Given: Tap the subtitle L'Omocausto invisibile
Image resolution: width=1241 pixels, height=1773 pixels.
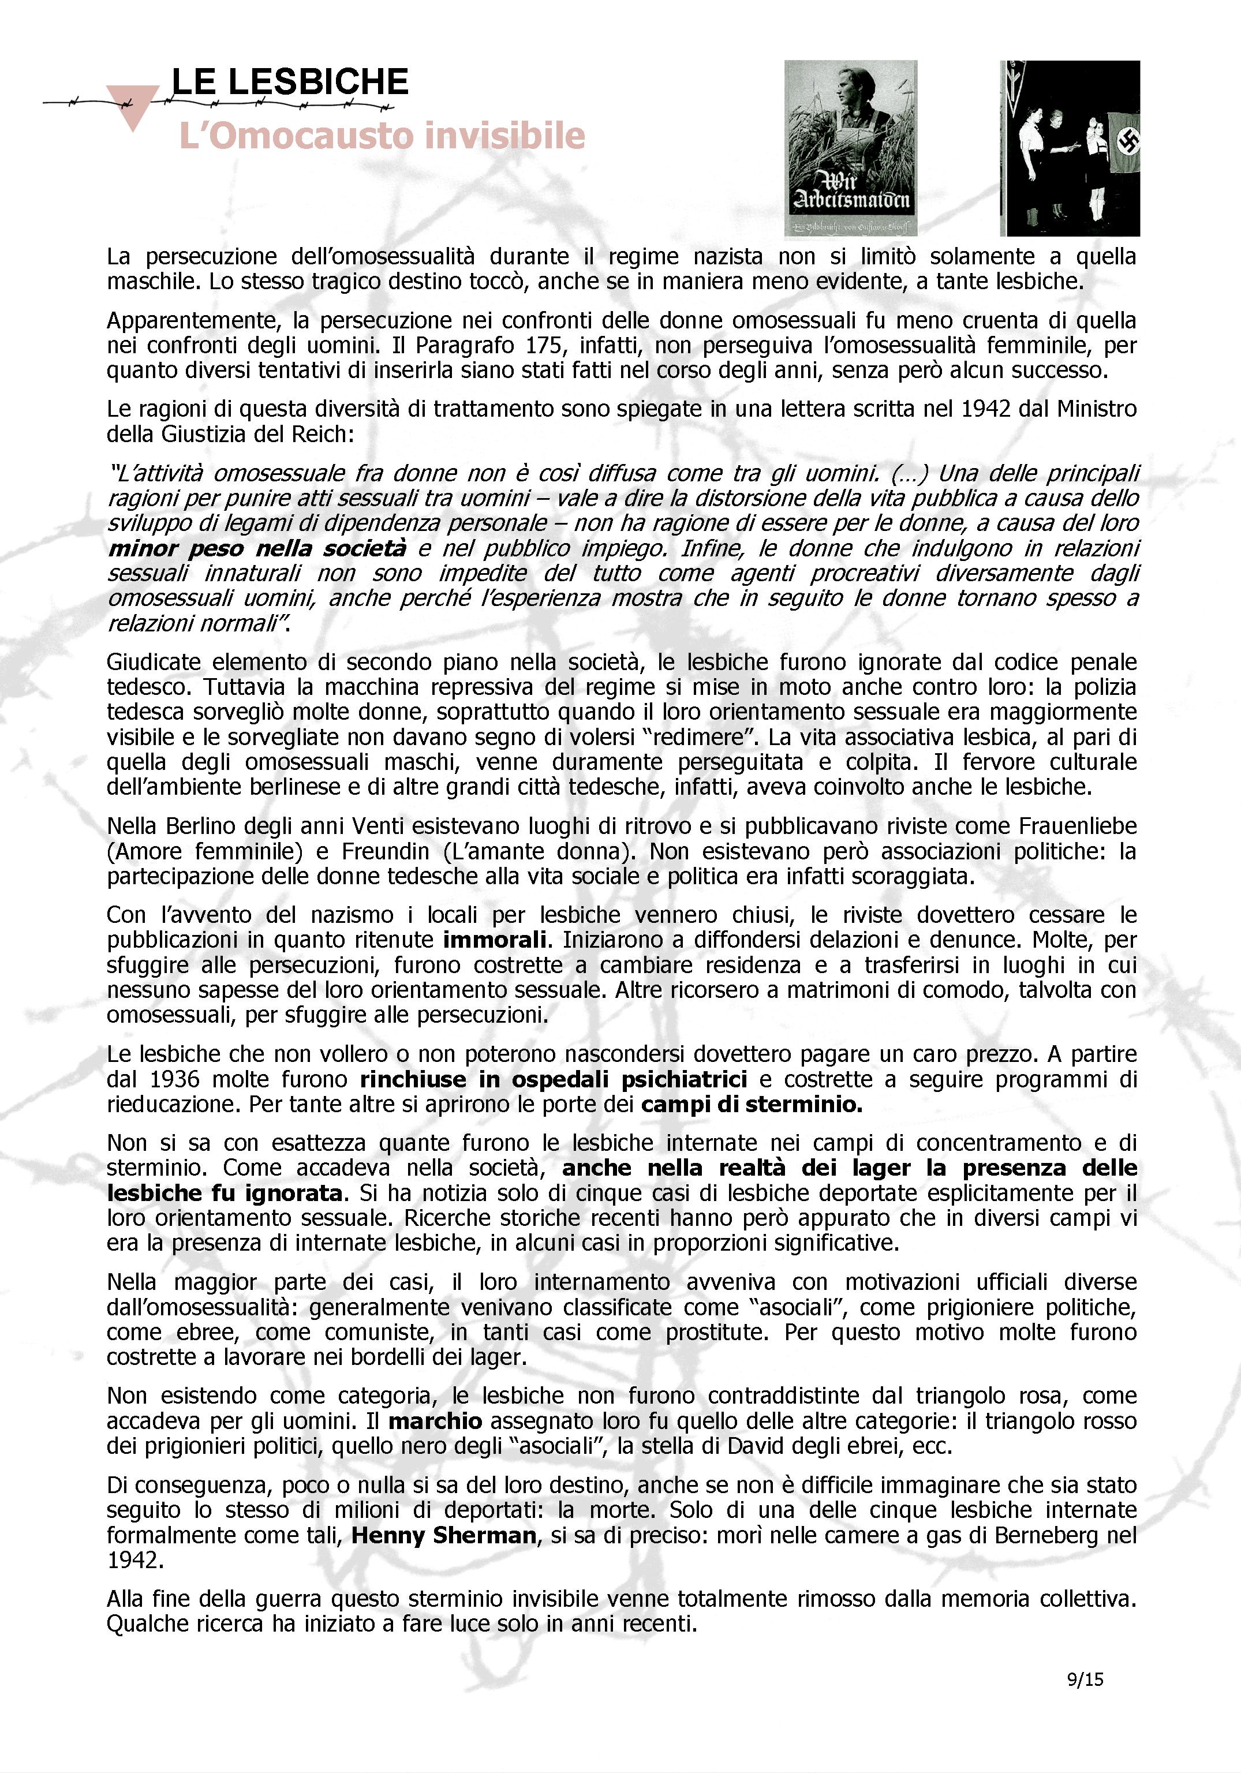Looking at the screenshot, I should [382, 136].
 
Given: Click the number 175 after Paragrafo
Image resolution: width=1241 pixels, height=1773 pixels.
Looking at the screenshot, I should [543, 345].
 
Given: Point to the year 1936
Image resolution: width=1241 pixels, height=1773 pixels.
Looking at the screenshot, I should [174, 1079].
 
